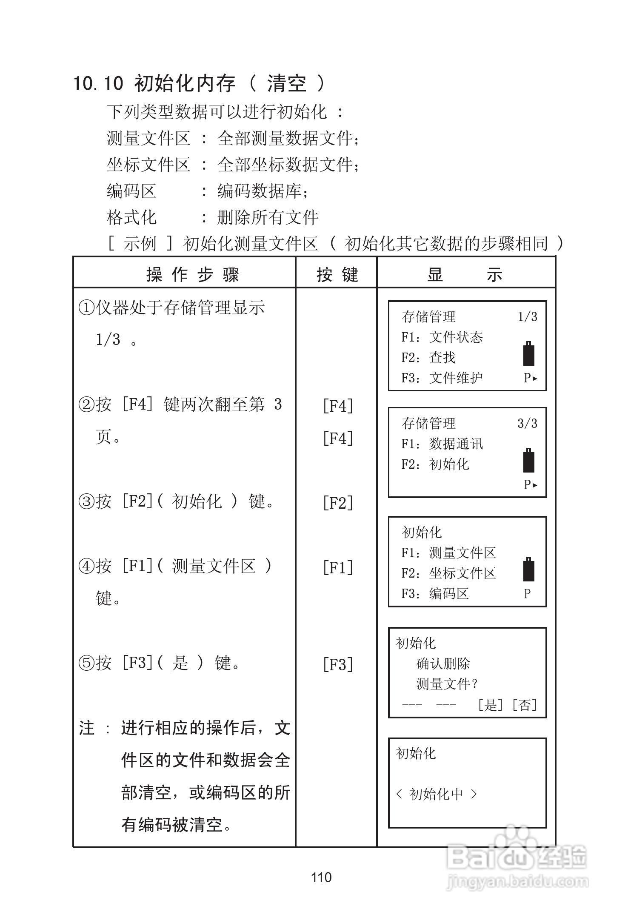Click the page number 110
[321, 877]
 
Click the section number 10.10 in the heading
[98, 83]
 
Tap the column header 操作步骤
[193, 275]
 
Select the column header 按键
[337, 275]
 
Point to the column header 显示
[465, 275]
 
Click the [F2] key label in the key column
[338, 503]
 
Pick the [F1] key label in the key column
[338, 567]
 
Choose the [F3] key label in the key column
[338, 664]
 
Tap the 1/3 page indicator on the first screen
[527, 317]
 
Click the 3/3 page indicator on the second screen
[527, 424]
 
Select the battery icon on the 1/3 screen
[528, 353]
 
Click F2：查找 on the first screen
[428, 357]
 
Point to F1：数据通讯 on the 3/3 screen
[442, 444]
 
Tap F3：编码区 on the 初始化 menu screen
[435, 594]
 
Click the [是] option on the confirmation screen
[490, 705]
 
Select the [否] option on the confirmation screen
[525, 705]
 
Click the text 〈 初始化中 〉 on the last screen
[437, 794]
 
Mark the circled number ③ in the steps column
[86, 502]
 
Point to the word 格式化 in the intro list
[131, 218]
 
